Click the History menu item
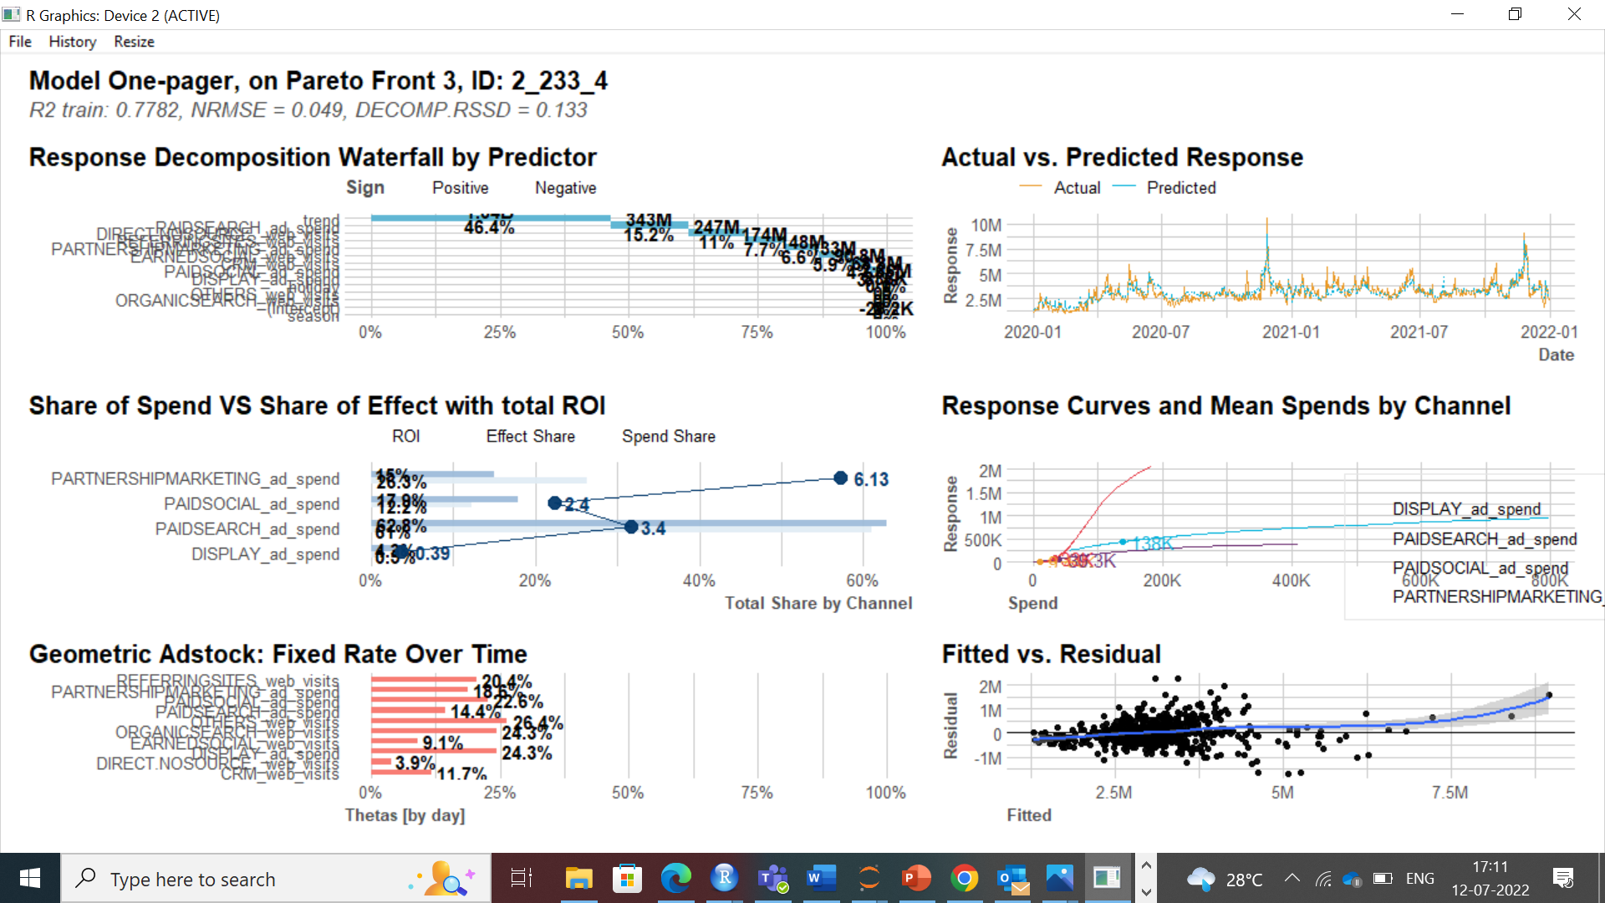click(x=72, y=42)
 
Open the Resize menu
click(x=134, y=42)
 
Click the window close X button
click(x=1574, y=14)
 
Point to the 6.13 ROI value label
click(x=871, y=479)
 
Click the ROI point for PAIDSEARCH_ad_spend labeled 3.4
click(x=632, y=527)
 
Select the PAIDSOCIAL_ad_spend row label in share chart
click(x=252, y=504)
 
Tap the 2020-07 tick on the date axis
click(x=1160, y=332)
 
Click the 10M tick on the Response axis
click(x=986, y=225)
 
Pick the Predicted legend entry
click(x=1180, y=188)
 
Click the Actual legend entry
click(x=1077, y=188)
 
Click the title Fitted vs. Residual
click(x=1051, y=654)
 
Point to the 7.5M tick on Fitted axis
click(x=1449, y=793)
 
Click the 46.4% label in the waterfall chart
click(x=489, y=227)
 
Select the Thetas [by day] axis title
click(x=405, y=815)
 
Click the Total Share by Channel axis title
click(x=818, y=603)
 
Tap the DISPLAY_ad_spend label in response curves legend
click(x=1466, y=509)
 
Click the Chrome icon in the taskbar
click(x=964, y=879)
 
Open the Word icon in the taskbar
click(x=821, y=879)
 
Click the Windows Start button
click(x=30, y=879)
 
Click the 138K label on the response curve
click(x=1153, y=543)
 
